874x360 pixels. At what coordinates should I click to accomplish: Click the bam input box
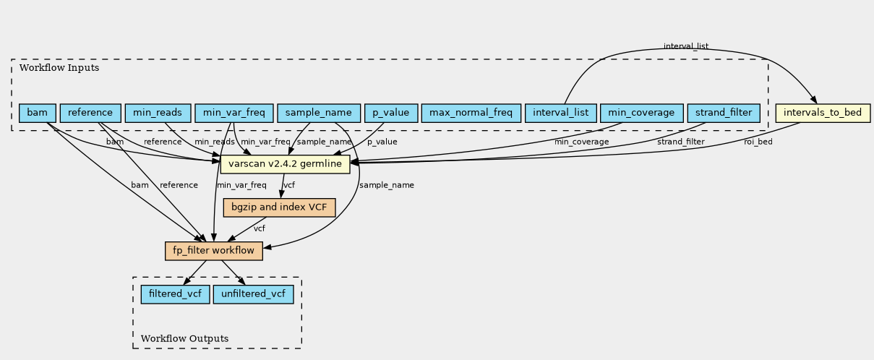[x=38, y=113]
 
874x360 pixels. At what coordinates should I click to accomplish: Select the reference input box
[x=90, y=113]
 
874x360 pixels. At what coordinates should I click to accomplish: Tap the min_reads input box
[x=158, y=113]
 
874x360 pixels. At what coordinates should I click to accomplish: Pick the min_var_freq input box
[x=234, y=113]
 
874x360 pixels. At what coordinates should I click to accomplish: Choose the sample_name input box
[x=319, y=113]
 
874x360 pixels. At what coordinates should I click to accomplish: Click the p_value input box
[x=391, y=113]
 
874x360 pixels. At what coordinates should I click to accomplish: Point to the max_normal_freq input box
[x=471, y=113]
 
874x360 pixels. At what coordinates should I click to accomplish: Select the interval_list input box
[x=561, y=113]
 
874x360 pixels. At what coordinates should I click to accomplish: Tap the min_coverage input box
[x=642, y=113]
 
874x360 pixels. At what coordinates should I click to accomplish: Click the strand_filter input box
[x=724, y=113]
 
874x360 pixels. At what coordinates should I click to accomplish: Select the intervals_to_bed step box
[x=823, y=113]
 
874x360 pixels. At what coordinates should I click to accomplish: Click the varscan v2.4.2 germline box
[x=286, y=164]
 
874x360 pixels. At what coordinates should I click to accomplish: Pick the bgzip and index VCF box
[x=279, y=207]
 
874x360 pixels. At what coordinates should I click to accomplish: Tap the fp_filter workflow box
[x=214, y=251]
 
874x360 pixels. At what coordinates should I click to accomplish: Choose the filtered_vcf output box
[x=175, y=294]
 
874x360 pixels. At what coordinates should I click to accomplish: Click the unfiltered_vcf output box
[x=254, y=294]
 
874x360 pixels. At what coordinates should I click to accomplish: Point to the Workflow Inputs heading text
[x=59, y=68]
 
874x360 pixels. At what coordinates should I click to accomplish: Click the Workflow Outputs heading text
[x=184, y=338]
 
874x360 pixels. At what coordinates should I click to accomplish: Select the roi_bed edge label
[x=758, y=142]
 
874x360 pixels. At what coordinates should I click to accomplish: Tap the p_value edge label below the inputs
[x=382, y=142]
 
